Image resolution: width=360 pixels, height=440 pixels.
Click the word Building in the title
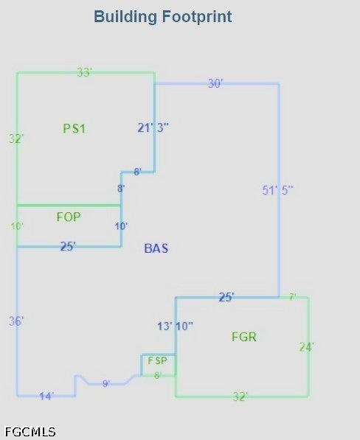coord(125,17)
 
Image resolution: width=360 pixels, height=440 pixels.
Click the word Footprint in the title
coord(197,16)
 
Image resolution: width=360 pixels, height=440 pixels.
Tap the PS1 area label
coord(74,128)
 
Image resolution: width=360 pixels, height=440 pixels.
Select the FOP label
coord(69,217)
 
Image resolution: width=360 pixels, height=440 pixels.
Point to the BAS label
coord(156,248)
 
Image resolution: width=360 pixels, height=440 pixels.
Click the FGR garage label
coord(244,337)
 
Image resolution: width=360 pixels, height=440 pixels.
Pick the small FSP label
coord(157,360)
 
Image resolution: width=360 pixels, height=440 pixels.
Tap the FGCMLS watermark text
coord(30,432)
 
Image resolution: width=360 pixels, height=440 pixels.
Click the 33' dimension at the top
coord(85,72)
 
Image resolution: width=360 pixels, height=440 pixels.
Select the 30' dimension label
coord(215,83)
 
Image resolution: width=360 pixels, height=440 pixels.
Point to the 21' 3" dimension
coord(153,128)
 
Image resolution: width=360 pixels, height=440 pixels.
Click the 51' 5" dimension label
coord(277,190)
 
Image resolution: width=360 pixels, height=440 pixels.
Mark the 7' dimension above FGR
coord(293,296)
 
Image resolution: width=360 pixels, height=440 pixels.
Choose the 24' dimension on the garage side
coord(306,347)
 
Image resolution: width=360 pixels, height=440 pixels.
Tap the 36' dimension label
coord(16,321)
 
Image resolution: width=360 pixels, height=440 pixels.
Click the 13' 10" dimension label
coord(176,326)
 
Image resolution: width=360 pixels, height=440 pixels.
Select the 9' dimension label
coord(106,383)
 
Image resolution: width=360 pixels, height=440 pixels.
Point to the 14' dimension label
coord(46,397)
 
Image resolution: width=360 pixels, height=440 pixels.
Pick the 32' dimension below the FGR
coord(240,397)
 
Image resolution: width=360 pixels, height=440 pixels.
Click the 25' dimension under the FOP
coord(68,246)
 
